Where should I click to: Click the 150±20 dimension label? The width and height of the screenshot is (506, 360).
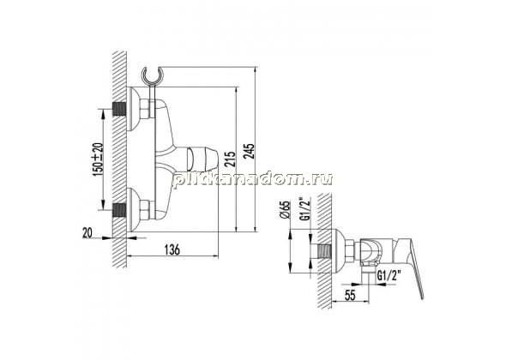pos(98,159)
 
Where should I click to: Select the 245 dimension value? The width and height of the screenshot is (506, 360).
pos(250,151)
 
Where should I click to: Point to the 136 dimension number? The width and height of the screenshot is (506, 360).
pos(172,249)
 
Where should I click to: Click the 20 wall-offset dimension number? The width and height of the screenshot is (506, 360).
pos(87,232)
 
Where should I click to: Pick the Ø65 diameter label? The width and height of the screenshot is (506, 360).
pos(286,210)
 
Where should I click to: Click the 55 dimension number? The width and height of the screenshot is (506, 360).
pos(350,295)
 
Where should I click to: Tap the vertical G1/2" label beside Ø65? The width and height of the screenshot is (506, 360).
pos(304,208)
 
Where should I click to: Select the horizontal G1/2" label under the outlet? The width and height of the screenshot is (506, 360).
pos(389,275)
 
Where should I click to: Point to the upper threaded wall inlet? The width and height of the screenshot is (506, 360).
pos(118,109)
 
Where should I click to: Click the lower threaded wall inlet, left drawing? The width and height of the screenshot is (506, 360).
pos(118,210)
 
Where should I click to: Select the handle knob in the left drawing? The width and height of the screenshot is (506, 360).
pos(202,158)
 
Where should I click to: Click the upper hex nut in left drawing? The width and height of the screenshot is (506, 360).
pos(145,109)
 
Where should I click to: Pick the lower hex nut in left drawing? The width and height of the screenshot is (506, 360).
pos(145,210)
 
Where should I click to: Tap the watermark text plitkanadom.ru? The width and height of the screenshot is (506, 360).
pos(252,179)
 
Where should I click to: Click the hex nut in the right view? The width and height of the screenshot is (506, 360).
pos(350,251)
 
